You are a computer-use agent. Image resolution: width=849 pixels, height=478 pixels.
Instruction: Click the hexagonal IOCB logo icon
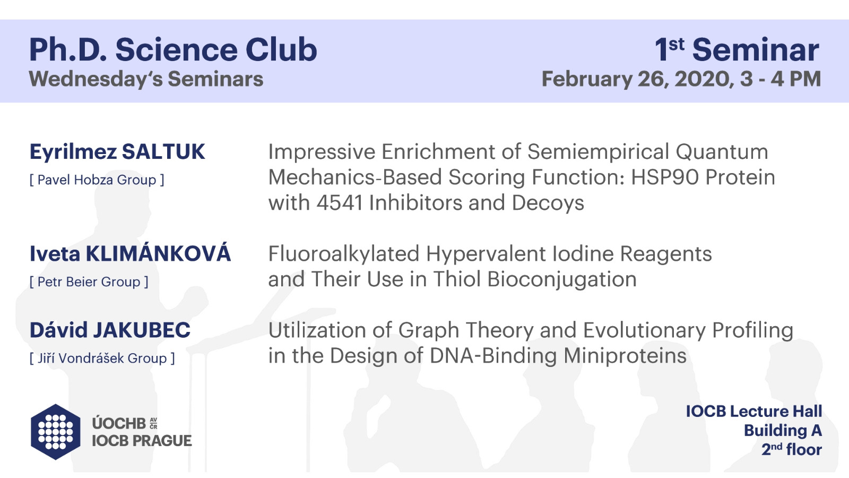coord(55,432)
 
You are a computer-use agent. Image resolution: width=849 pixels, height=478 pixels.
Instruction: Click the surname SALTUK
coord(163,152)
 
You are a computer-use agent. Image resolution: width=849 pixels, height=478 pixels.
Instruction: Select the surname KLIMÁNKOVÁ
coord(158,253)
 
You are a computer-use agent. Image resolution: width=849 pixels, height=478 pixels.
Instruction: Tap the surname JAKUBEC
coord(142,330)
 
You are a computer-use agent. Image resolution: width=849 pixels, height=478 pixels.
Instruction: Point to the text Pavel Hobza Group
coord(97,180)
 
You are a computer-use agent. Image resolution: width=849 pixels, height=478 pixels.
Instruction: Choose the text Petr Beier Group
coord(89,282)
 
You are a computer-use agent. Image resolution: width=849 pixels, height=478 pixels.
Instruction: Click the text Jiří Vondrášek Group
coord(102,358)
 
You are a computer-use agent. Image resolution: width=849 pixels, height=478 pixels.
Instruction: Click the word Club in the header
coord(281,50)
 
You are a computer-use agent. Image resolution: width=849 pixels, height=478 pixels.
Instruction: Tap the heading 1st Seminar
coord(737,50)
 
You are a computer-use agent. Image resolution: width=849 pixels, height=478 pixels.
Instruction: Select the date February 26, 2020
coord(636,79)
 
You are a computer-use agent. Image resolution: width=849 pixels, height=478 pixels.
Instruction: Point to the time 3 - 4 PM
coord(781,79)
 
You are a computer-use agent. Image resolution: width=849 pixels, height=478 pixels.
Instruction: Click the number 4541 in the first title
coord(340,202)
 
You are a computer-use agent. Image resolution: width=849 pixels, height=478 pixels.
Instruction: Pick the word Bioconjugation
coord(562,280)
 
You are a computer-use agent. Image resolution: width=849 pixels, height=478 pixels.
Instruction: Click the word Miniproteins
coord(625,356)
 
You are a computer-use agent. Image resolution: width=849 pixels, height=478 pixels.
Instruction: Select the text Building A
coord(783,431)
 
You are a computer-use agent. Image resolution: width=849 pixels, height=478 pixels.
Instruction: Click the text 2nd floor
coord(791,449)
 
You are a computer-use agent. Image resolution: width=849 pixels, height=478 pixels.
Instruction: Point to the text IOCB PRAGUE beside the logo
coord(142,441)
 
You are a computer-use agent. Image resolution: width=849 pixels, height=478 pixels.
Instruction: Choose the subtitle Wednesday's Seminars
coord(146,79)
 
